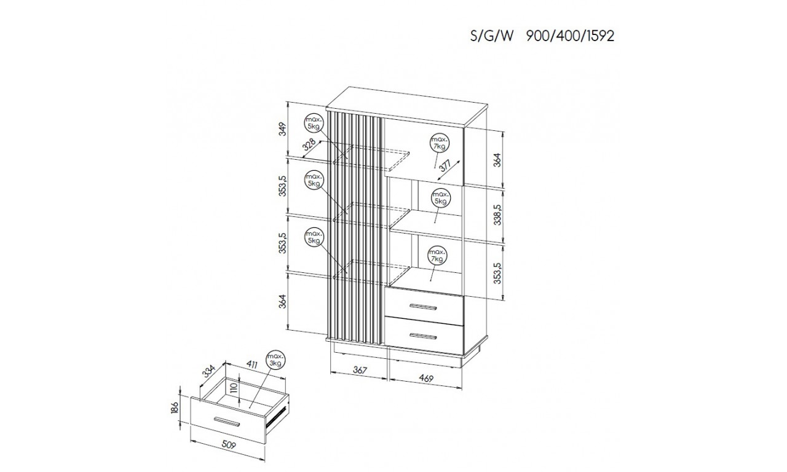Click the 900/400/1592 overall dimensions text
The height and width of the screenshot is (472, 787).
570,36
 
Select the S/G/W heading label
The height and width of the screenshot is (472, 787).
492,36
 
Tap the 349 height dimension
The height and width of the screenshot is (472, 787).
283,129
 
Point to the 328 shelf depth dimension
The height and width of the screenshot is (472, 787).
309,145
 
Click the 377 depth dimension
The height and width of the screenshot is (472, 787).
445,165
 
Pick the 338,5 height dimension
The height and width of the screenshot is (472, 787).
498,215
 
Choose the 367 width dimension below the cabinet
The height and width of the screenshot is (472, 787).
360,370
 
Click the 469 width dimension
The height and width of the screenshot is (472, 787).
426,379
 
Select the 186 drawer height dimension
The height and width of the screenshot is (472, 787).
175,408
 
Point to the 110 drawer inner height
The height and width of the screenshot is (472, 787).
234,388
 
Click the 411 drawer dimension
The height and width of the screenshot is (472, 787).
251,365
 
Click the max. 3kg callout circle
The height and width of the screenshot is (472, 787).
276,360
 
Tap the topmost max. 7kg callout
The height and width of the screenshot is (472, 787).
440,143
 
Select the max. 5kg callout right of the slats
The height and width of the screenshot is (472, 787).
441,198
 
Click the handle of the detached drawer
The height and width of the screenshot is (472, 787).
226,422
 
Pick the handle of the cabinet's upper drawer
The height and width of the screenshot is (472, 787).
424,307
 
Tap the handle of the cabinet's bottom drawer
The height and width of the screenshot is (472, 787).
424,336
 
